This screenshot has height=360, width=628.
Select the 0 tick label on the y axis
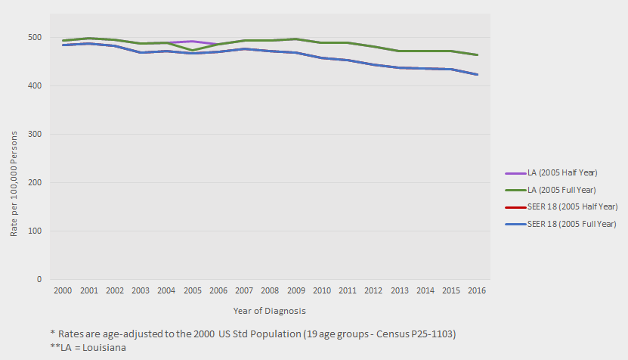(39, 280)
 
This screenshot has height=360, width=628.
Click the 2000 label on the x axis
(63, 290)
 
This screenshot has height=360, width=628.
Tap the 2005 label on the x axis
(192, 290)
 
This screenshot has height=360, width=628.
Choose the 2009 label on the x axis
(295, 290)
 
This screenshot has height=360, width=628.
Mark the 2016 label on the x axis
(477, 290)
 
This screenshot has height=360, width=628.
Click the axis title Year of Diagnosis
(269, 310)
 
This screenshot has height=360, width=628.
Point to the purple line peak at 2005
(192, 42)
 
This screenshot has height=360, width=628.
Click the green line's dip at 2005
(192, 51)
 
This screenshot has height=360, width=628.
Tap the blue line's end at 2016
(477, 74)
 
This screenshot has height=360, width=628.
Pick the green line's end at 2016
(477, 54)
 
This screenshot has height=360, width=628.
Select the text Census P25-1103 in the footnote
(415, 334)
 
